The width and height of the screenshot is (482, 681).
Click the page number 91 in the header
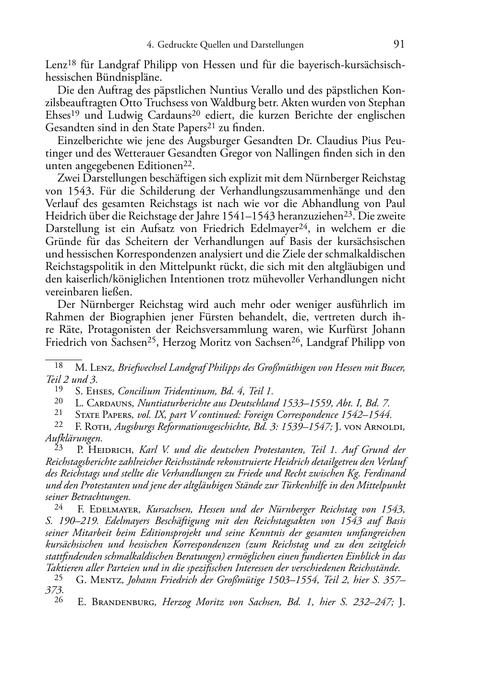(x=399, y=44)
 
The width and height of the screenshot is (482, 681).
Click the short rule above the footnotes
(x=63, y=358)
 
